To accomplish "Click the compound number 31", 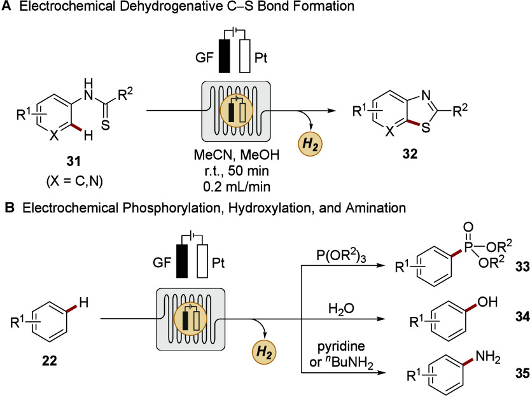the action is pos(74,161).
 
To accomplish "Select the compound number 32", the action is pos(410,154).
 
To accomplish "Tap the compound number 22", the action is pos(50,361).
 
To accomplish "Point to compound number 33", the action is pos(522,267).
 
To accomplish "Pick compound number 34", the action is pos(522,317).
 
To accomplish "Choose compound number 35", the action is pos(522,373).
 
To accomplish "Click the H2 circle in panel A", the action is pos(310,144).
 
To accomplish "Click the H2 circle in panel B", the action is pos(264,352).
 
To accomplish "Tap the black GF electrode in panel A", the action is pos(225,56).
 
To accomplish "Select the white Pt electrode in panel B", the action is pos(202,261).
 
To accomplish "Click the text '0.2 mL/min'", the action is pos(237,186).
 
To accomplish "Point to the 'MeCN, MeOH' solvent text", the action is pos(237,155).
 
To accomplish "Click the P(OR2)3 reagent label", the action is pos(342,256).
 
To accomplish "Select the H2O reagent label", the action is pos(342,309).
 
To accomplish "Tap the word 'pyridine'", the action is pos(342,347).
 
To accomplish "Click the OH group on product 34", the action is pos(487,302).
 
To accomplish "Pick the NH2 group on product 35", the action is pos(488,357).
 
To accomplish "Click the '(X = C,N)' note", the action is pos(74,181).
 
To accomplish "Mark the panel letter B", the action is pos(9,208).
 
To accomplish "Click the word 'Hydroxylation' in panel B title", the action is pos(269,208).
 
